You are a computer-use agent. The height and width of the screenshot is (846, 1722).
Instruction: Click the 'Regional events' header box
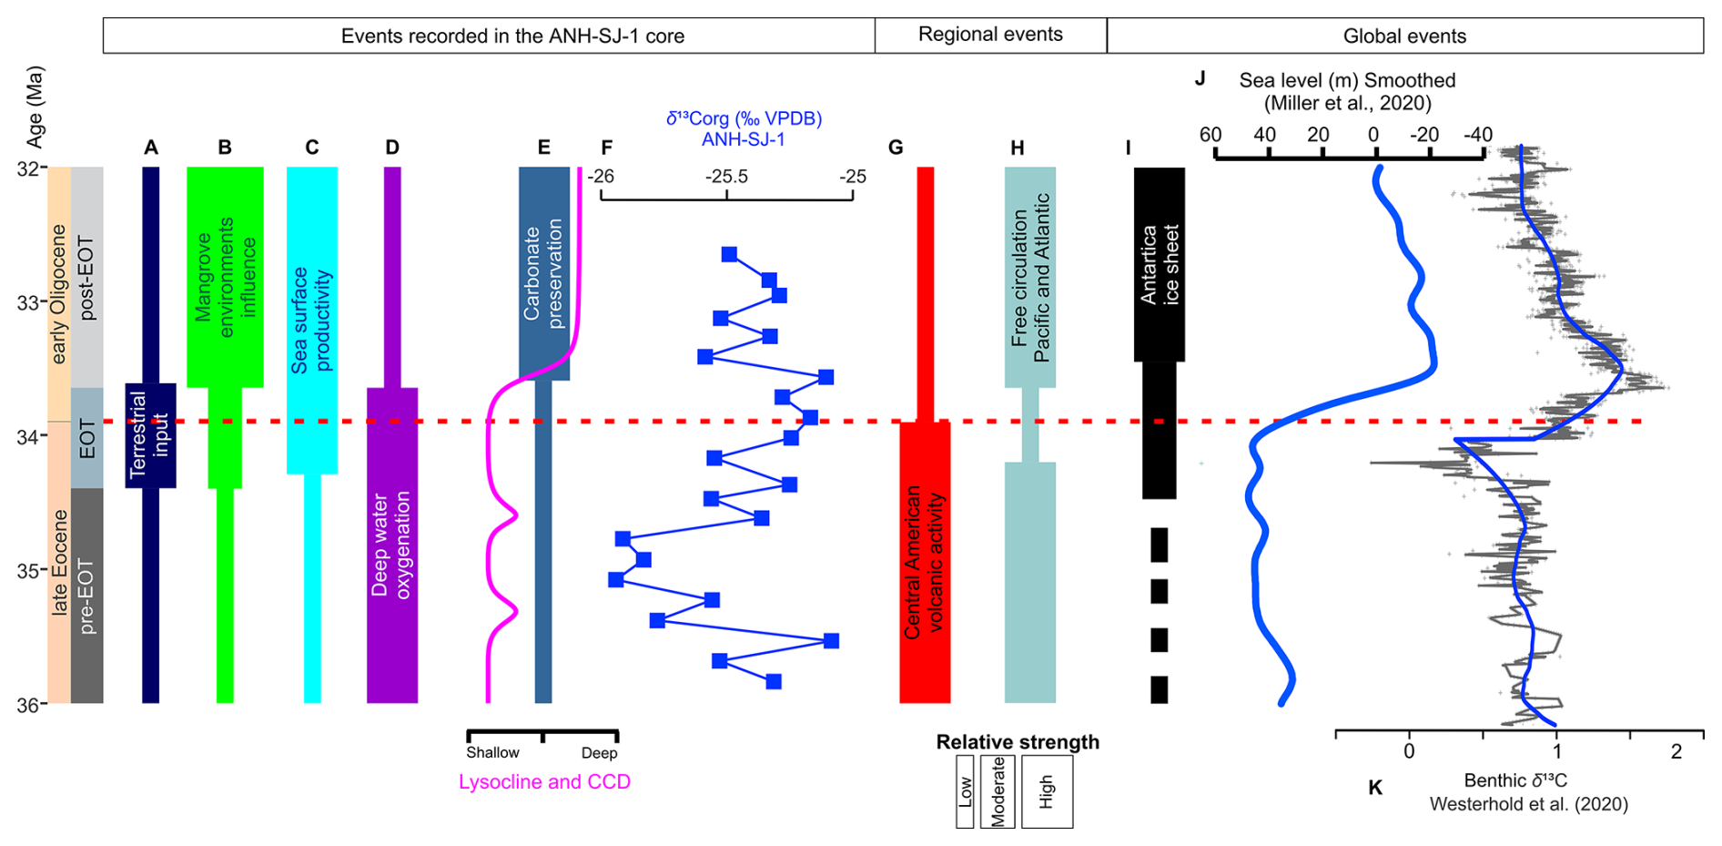(990, 35)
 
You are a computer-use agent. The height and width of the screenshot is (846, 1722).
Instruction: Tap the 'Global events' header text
(1404, 36)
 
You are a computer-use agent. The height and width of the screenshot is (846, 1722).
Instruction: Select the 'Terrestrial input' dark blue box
(150, 435)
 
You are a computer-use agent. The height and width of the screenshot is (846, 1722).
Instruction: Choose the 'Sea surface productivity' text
(311, 320)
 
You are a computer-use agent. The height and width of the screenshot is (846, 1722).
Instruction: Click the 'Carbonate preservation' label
(543, 273)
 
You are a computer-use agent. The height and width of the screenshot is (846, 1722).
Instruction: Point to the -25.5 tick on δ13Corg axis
(726, 194)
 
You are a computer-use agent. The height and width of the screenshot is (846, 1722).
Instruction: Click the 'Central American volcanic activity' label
(924, 561)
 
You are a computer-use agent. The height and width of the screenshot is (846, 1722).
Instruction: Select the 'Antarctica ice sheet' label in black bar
(1159, 264)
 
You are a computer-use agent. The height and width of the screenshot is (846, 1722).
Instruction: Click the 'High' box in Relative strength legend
(1047, 791)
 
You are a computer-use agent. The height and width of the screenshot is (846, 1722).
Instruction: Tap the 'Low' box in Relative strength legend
(965, 791)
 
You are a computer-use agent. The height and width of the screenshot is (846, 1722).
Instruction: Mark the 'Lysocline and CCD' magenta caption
(544, 781)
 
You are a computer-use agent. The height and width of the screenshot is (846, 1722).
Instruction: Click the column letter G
(896, 148)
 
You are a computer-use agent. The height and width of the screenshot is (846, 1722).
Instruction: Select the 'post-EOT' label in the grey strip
(87, 278)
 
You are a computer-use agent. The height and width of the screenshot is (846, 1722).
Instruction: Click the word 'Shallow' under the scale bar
(492, 752)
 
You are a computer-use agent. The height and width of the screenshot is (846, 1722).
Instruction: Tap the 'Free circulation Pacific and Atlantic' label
(1030, 278)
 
